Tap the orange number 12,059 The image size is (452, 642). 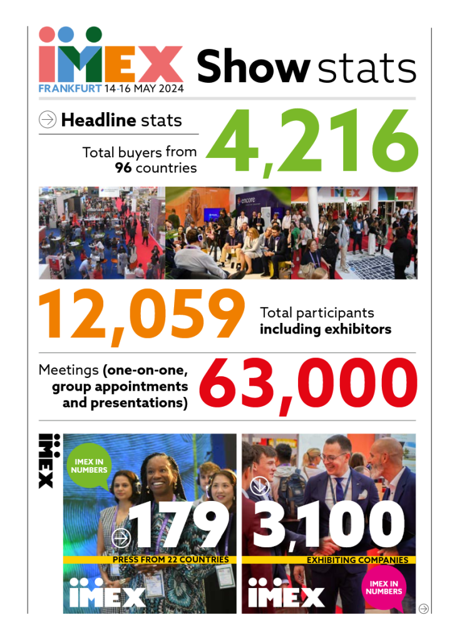click(141, 315)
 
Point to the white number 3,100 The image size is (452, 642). click(330, 525)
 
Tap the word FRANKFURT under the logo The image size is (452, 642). click(69, 88)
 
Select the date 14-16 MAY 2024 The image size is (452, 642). click(144, 88)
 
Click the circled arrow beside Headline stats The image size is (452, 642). click(48, 119)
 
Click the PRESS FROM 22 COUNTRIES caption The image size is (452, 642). click(170, 560)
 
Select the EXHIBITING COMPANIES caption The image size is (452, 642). click(357, 560)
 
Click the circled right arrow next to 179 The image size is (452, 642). click(121, 537)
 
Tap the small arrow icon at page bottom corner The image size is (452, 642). click(424, 608)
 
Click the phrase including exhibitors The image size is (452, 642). click(326, 329)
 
